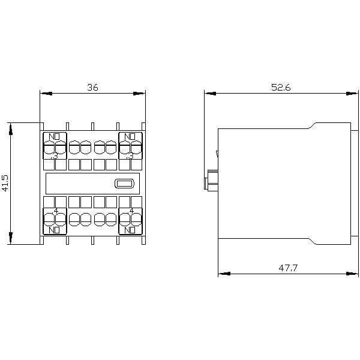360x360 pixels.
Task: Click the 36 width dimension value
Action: tap(92, 88)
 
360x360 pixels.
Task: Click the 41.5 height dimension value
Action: tap(5, 183)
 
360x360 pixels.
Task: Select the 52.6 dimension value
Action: tap(280, 88)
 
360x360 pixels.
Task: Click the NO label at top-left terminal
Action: tap(54, 137)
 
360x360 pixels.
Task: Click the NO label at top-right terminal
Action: tap(129, 137)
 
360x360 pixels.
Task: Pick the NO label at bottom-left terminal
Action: tap(54, 230)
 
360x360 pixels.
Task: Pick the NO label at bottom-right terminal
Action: tap(129, 230)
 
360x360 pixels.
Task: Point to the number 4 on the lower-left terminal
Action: tap(55, 211)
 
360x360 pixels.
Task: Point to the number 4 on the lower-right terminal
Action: tap(130, 211)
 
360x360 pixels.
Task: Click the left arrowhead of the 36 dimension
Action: tap(44, 94)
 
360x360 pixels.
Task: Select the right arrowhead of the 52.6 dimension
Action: tap(351, 94)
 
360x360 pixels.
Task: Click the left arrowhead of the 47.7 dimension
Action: tap(221, 274)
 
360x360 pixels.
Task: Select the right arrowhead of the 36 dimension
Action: tap(141, 94)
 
